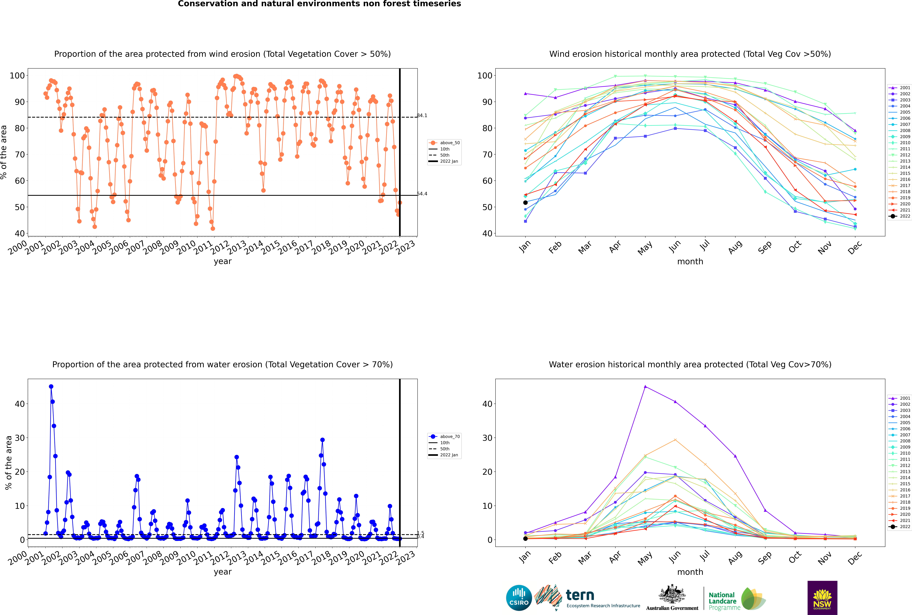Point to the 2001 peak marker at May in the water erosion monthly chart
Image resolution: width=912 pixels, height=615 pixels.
point(645,387)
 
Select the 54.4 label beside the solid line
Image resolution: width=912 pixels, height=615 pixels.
point(422,194)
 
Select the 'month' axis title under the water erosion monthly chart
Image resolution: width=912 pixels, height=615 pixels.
point(690,572)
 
